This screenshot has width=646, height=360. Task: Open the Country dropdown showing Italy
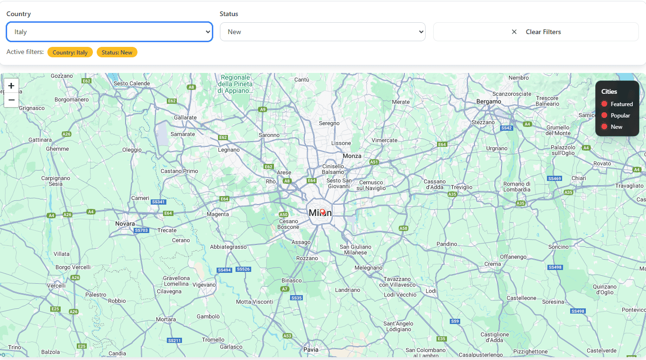click(x=109, y=32)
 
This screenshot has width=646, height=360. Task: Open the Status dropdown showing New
click(x=322, y=32)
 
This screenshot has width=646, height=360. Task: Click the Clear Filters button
click(x=536, y=32)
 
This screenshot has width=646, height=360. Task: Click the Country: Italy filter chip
click(x=70, y=52)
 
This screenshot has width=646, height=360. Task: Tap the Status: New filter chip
click(x=117, y=52)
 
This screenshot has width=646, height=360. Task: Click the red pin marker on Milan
click(x=323, y=212)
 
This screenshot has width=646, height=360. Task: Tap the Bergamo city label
click(x=489, y=101)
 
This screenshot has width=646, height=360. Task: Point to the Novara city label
click(x=125, y=224)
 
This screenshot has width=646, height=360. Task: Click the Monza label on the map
click(x=352, y=156)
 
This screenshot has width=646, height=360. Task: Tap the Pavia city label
click(x=311, y=350)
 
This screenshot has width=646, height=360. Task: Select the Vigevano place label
click(x=204, y=285)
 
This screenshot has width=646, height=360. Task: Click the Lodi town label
click(x=431, y=290)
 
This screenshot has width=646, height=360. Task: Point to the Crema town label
click(x=492, y=264)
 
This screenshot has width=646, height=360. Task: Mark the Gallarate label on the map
click(x=185, y=117)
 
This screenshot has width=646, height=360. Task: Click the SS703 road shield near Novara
click(x=141, y=230)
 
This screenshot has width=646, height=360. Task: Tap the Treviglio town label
click(x=462, y=187)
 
